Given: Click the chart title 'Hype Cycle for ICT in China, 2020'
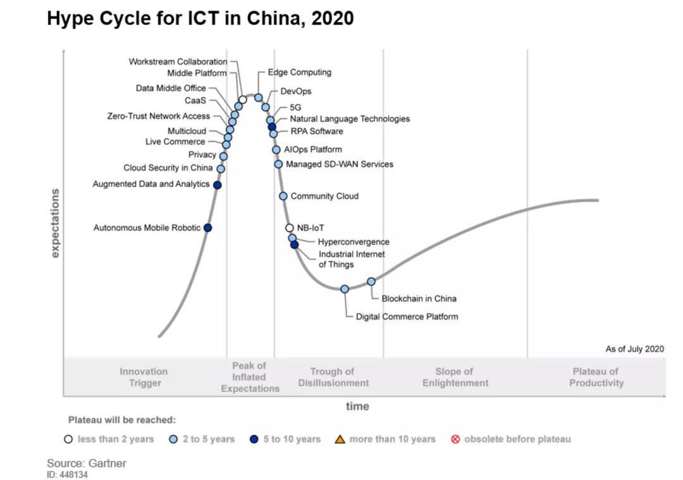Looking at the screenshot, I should pyautogui.click(x=200, y=19).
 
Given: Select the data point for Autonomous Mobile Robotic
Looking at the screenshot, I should pyautogui.click(x=207, y=228).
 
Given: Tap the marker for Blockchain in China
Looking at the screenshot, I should pyautogui.click(x=371, y=281).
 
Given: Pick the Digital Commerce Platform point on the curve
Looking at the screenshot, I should pyautogui.click(x=345, y=289).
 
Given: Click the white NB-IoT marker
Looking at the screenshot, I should pyautogui.click(x=290, y=228).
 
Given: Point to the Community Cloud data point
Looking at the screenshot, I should pyautogui.click(x=283, y=196).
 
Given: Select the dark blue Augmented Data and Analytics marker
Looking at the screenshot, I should pyautogui.click(x=217, y=185).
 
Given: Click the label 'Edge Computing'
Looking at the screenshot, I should pyautogui.click(x=299, y=73).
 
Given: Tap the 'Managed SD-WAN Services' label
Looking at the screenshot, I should pyautogui.click(x=340, y=164).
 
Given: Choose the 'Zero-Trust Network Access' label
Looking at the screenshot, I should pyautogui.click(x=158, y=116).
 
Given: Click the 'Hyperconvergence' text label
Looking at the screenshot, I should pyautogui.click(x=354, y=242).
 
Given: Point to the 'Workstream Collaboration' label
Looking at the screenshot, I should pyautogui.click(x=178, y=62).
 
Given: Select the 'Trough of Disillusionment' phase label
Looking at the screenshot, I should pyautogui.click(x=333, y=377).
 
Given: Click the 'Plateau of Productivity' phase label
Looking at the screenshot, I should pyautogui.click(x=596, y=377).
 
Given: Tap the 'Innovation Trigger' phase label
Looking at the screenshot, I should pyautogui.click(x=144, y=377).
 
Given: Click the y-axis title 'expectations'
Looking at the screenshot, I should pyautogui.click(x=55, y=223).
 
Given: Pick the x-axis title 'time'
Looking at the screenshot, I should pyautogui.click(x=357, y=406).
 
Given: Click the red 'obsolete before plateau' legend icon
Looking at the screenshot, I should pyautogui.click(x=455, y=439).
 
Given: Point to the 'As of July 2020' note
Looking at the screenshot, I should pyautogui.click(x=634, y=349).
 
